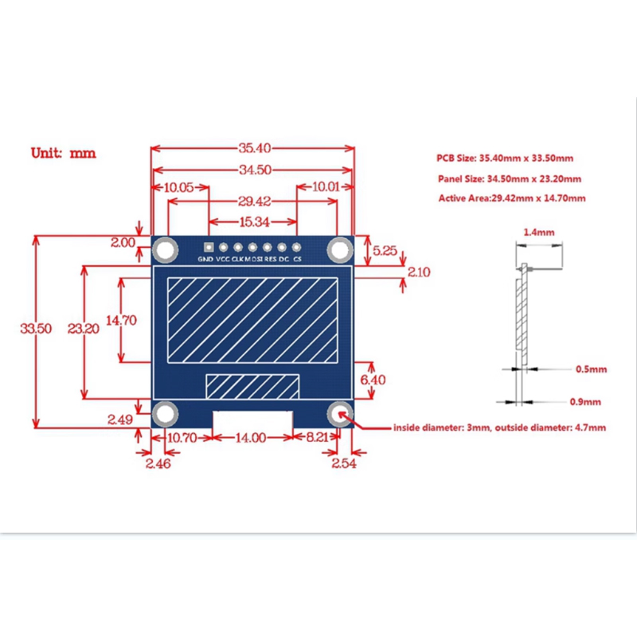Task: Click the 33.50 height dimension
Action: [x=37, y=328]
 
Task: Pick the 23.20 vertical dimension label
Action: [x=83, y=328]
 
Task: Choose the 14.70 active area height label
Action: [x=121, y=320]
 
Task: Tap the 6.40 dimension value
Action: [x=373, y=380]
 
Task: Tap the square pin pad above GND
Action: [x=209, y=248]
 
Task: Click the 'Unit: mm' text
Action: [x=63, y=152]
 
